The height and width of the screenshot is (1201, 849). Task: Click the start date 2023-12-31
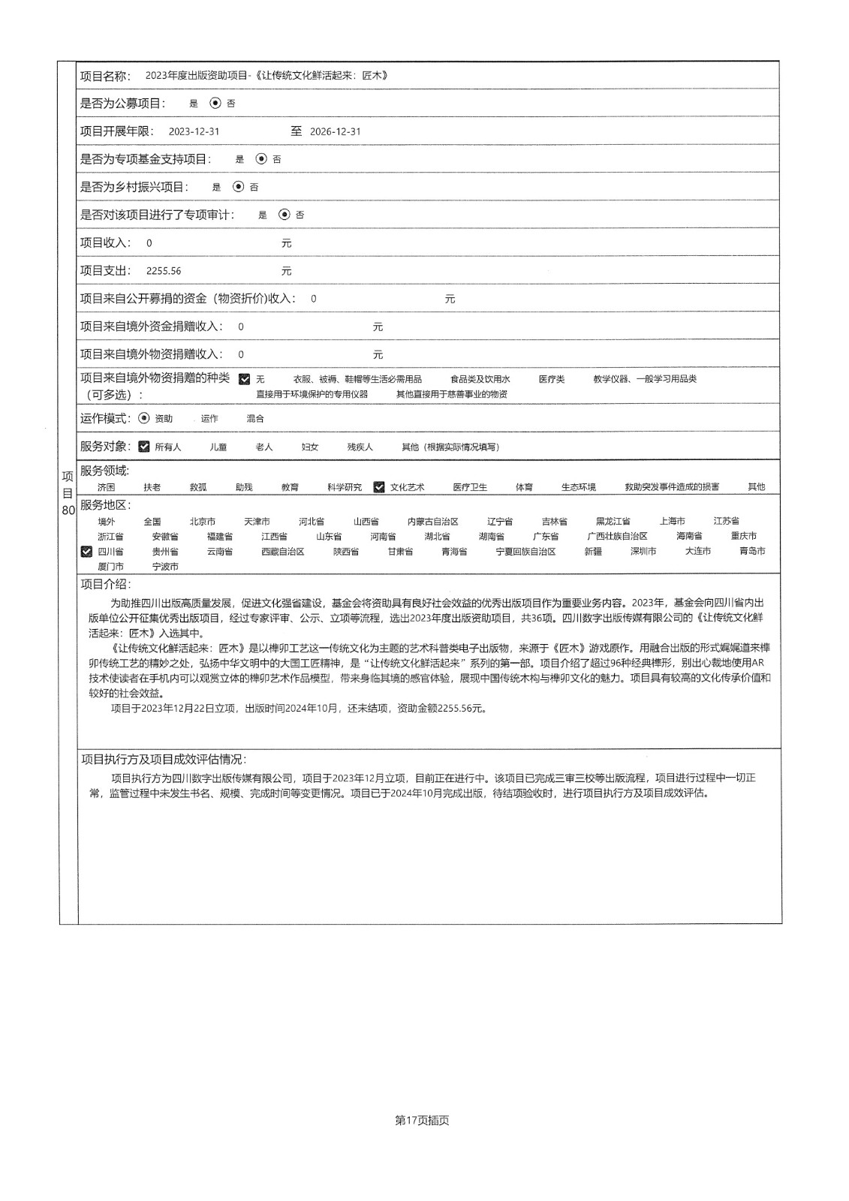click(x=194, y=131)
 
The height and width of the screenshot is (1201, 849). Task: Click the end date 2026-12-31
click(x=335, y=131)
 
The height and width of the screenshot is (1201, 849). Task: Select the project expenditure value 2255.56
click(x=164, y=271)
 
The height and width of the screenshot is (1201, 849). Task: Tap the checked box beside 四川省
click(x=86, y=552)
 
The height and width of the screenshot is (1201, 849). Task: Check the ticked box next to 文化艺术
click(x=379, y=487)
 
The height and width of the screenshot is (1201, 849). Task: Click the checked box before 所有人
click(x=144, y=447)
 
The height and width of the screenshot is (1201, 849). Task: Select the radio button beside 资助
click(x=144, y=418)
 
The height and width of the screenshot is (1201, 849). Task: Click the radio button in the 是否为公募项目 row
click(x=215, y=104)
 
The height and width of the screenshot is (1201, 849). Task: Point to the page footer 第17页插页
click(x=422, y=1121)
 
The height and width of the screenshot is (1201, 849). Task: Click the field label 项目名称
click(x=105, y=76)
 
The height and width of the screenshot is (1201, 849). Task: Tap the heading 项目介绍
click(x=105, y=585)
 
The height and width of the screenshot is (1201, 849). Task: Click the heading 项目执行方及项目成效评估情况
click(x=163, y=760)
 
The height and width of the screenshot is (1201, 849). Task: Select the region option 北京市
click(x=203, y=522)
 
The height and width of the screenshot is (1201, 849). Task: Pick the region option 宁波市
click(x=165, y=567)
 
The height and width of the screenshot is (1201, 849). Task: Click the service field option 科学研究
click(x=344, y=487)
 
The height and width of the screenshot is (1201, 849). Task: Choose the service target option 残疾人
click(x=360, y=447)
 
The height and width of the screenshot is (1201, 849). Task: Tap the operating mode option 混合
click(x=255, y=419)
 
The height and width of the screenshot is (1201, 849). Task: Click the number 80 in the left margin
click(x=68, y=510)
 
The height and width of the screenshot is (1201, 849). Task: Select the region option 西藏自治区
click(x=283, y=552)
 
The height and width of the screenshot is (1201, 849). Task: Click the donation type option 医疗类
click(x=552, y=380)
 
